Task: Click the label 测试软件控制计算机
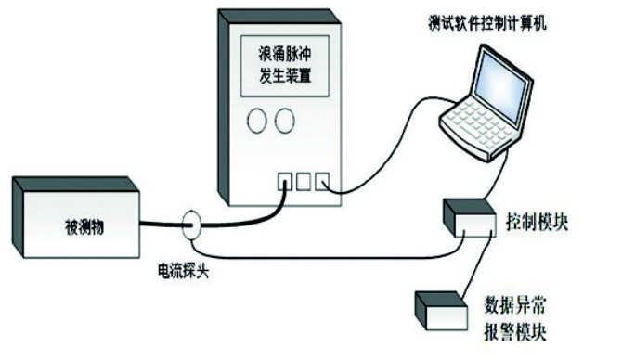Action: [487, 22]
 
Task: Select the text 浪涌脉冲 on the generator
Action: [284, 54]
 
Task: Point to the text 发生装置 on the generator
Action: [285, 75]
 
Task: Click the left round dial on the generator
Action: [256, 120]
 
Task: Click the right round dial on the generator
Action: [284, 120]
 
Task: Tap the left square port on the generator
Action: [284, 182]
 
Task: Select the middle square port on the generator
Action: [304, 182]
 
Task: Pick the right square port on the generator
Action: [322, 182]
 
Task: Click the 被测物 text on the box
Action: [84, 227]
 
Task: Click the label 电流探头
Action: [183, 272]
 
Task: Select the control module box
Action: [469, 218]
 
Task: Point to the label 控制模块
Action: [538, 222]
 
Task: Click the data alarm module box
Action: [441, 311]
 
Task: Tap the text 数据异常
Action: [514, 305]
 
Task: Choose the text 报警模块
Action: [514, 332]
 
